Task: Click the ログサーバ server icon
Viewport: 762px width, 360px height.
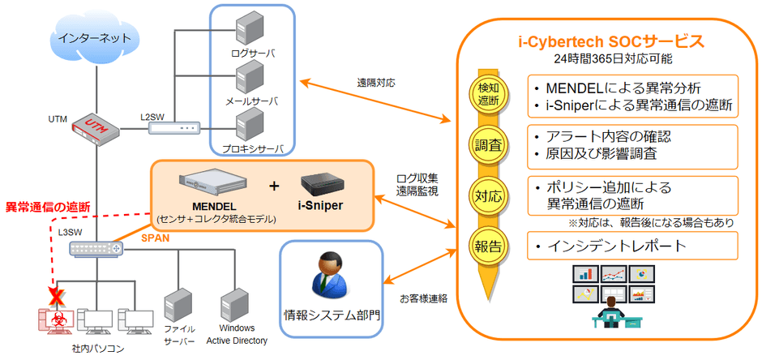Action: coord(247,31)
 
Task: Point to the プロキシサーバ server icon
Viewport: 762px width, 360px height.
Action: coord(247,126)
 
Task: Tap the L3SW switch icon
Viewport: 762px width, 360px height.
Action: coord(94,249)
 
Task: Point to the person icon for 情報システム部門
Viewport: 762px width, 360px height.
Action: coord(329,276)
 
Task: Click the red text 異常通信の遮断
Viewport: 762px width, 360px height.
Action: coord(48,207)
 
